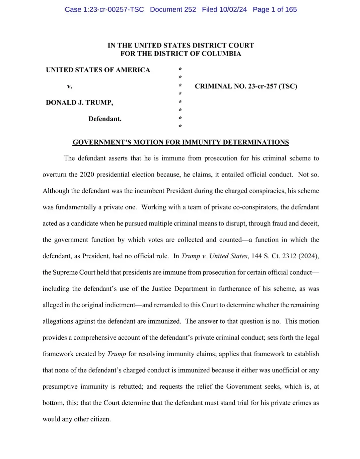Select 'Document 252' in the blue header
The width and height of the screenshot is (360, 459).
point(173,9)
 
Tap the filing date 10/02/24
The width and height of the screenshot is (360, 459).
point(233,9)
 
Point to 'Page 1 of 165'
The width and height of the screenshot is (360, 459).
point(275,9)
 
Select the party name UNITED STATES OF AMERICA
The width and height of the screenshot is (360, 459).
point(98,70)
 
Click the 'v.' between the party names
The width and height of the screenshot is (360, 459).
point(70,86)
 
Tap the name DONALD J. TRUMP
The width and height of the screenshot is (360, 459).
point(79,103)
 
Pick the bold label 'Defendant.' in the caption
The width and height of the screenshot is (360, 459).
point(105,119)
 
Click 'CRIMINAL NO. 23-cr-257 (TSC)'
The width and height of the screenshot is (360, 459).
point(246,86)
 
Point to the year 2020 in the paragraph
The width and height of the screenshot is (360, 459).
point(87,175)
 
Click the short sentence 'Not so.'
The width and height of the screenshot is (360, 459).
point(308,175)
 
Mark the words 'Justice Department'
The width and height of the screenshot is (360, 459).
point(180,289)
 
